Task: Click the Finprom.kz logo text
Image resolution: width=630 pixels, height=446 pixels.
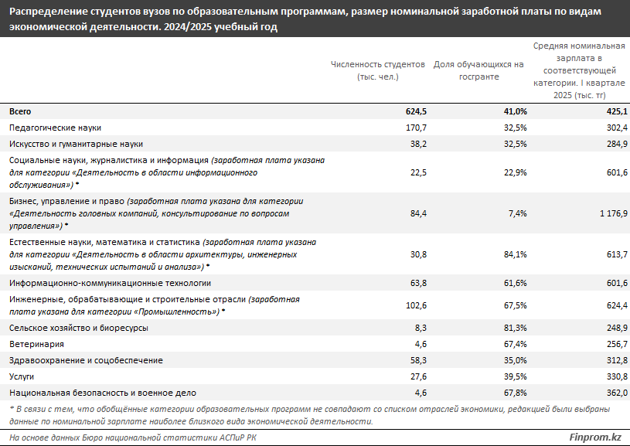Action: pos(594,437)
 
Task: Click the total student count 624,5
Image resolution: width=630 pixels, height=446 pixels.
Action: pos(415,111)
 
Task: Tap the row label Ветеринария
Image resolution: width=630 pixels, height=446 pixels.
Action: pos(36,344)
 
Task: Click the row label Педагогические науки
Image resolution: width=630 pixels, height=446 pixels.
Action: pos(55,128)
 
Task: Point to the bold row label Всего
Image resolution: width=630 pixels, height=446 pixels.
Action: pos(20,111)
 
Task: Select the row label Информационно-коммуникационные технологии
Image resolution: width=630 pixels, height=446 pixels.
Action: pos(110,284)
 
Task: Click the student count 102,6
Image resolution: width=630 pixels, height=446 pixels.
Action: pos(415,305)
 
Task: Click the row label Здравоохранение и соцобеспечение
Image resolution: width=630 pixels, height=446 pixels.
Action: pos(86,360)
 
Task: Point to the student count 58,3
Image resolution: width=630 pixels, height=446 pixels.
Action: pos(417,360)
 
